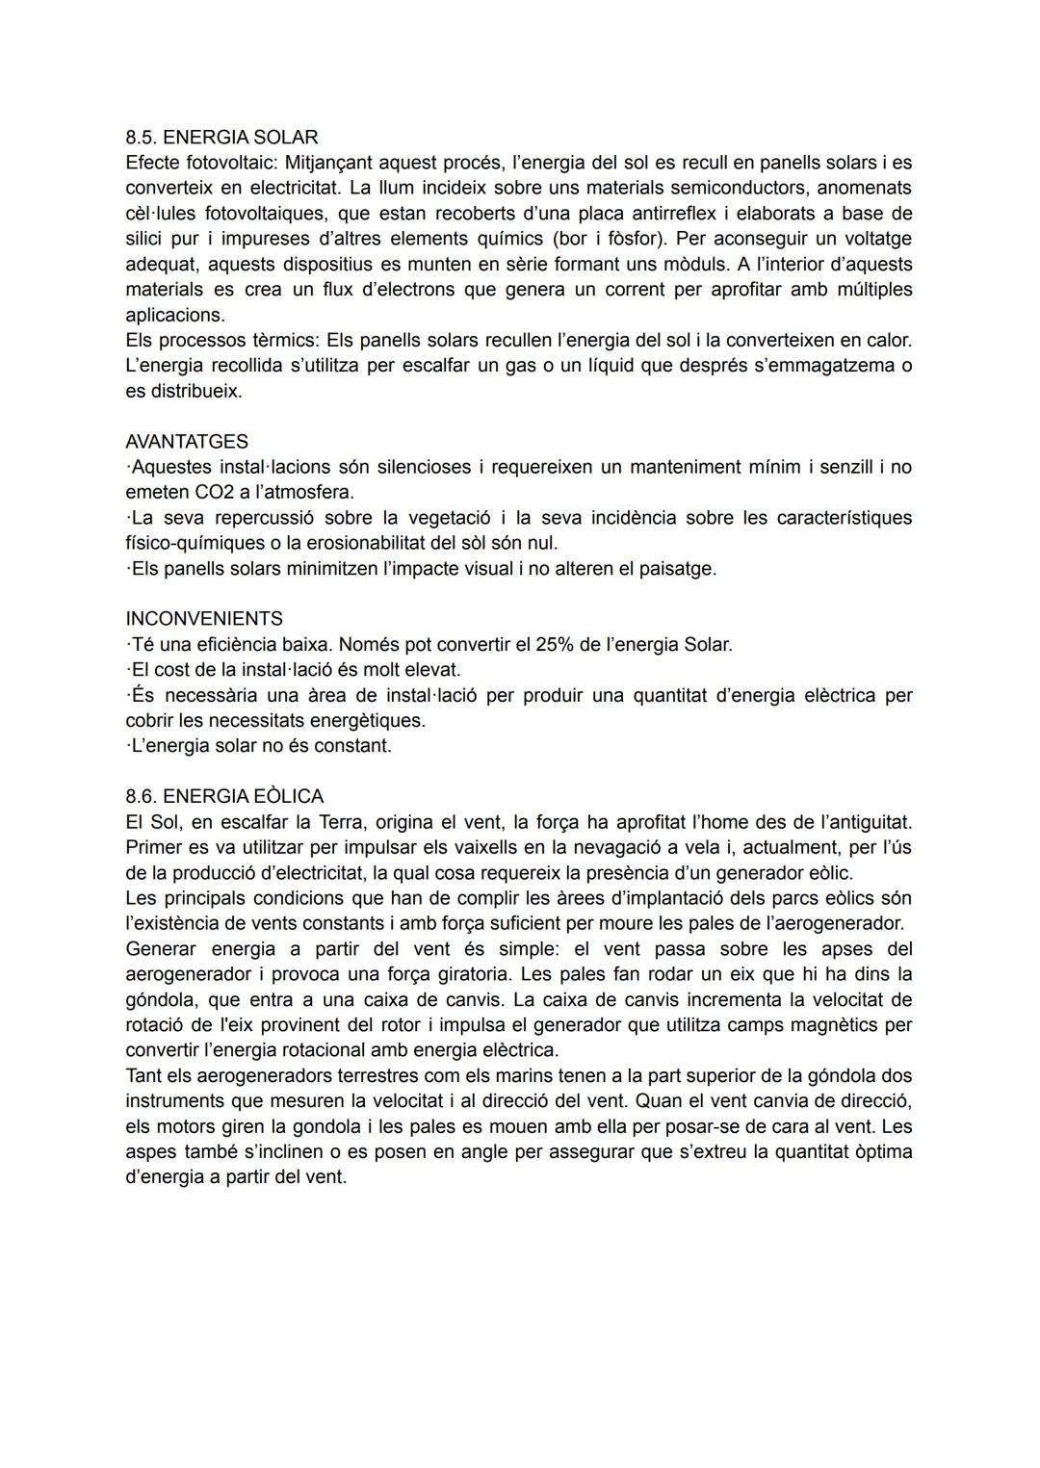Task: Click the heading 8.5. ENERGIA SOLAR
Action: tap(221, 137)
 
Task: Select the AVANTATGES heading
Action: tap(187, 442)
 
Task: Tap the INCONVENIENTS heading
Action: tap(204, 619)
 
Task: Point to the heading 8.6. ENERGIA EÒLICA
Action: tap(224, 796)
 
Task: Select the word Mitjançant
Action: tap(329, 163)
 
